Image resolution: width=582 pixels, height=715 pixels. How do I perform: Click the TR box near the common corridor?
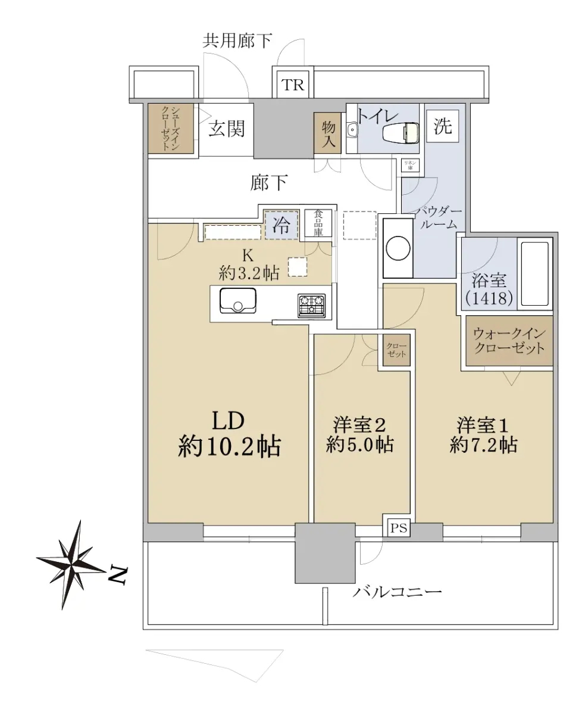click(x=293, y=85)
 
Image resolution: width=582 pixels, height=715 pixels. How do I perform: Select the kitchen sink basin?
click(x=238, y=300)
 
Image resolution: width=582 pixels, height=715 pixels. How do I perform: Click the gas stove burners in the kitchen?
click(x=312, y=305)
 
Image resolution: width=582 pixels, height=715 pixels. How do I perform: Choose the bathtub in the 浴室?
click(x=535, y=274)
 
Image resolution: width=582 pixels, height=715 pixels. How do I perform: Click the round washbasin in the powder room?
click(x=398, y=248)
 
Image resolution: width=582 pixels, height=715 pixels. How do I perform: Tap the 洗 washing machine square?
click(x=443, y=126)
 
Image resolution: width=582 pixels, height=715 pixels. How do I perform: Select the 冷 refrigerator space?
click(x=281, y=225)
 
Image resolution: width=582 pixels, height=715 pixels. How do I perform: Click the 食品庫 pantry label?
click(x=318, y=223)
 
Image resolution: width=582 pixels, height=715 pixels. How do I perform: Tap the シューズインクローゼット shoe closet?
click(x=171, y=129)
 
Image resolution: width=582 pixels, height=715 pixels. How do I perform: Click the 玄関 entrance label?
click(x=227, y=129)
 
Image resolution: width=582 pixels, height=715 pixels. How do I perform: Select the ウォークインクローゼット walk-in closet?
click(x=509, y=340)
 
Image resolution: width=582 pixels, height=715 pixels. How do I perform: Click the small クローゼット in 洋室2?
click(x=397, y=350)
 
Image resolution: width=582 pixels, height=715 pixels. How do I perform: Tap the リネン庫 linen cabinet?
click(x=410, y=166)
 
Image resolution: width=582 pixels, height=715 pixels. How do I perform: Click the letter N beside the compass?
click(x=118, y=576)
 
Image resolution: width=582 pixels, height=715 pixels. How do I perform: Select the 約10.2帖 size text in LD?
click(x=229, y=446)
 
